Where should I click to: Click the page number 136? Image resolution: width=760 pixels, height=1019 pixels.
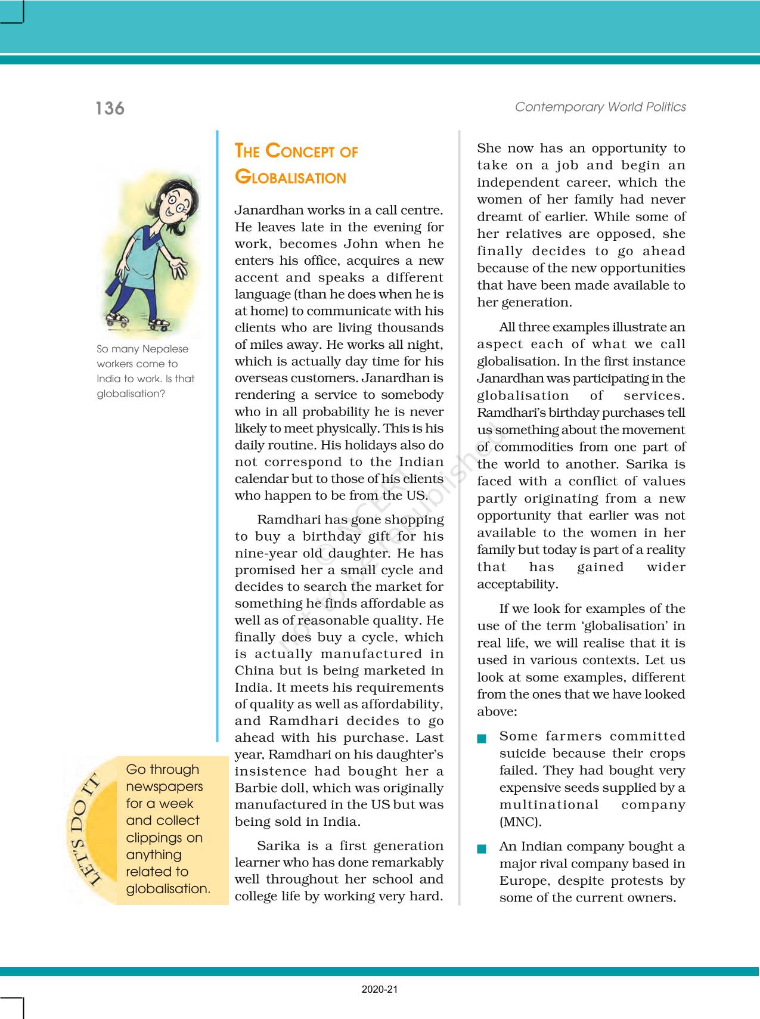pyautogui.click(x=110, y=109)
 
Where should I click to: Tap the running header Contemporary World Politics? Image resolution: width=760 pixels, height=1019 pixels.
pyautogui.click(x=600, y=107)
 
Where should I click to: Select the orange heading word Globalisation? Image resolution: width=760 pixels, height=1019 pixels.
pyautogui.click(x=290, y=178)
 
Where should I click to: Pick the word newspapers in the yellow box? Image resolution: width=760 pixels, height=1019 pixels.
pyautogui.click(x=165, y=786)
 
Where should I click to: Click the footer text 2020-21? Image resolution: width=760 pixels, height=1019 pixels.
pyautogui.click(x=380, y=990)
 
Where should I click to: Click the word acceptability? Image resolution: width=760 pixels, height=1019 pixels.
pyautogui.click(x=517, y=584)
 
